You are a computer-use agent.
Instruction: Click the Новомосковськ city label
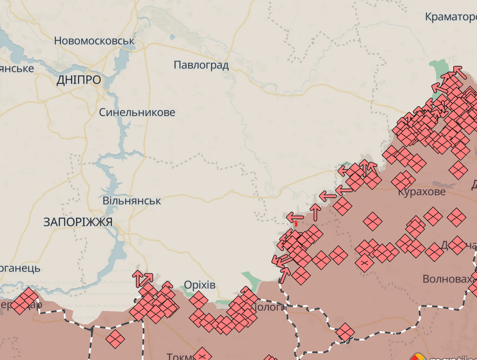(94, 41)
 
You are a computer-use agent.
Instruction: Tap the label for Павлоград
(201, 65)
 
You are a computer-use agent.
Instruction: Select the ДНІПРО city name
(79, 81)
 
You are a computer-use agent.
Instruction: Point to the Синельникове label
(137, 112)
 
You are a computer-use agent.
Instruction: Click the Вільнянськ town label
(132, 201)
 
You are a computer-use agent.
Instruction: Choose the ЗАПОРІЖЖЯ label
(78, 222)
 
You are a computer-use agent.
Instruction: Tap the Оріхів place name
(200, 285)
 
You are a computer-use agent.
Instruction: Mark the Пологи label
(269, 307)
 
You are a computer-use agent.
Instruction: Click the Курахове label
(422, 192)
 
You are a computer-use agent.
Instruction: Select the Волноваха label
(449, 279)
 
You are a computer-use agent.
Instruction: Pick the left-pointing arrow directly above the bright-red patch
(296, 216)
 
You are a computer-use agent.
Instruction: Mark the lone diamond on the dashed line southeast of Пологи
(345, 332)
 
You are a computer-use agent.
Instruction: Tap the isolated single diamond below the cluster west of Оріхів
(115, 338)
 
